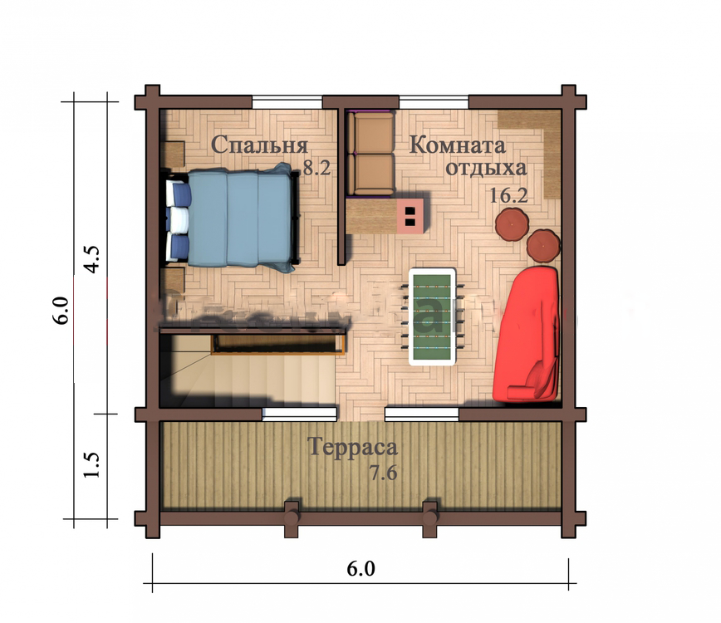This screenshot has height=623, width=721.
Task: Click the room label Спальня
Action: pyautogui.click(x=260, y=145)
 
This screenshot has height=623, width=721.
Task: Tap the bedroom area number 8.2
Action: pyautogui.click(x=316, y=168)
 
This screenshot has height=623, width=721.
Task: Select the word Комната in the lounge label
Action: pyautogui.click(x=458, y=145)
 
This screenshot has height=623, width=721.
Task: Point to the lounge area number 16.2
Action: pyautogui.click(x=508, y=195)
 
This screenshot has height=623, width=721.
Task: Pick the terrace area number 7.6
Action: pyautogui.click(x=384, y=472)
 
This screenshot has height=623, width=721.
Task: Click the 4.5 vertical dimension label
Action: pyautogui.click(x=91, y=259)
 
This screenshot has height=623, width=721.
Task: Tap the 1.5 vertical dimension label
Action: pyautogui.click(x=91, y=464)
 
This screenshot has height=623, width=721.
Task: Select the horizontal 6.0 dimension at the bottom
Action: pyautogui.click(x=361, y=569)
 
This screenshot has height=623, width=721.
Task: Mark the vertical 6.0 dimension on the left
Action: pyautogui.click(x=61, y=311)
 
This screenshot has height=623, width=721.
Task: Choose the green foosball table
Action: pyautogui.click(x=432, y=317)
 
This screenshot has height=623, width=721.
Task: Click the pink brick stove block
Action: pyautogui.click(x=410, y=216)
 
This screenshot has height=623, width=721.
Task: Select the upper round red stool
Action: pyautogui.click(x=513, y=224)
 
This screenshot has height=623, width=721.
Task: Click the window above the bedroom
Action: pyautogui.click(x=287, y=102)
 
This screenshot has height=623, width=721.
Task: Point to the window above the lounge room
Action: pyautogui.click(x=434, y=102)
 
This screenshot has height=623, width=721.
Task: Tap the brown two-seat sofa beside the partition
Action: pyautogui.click(x=370, y=154)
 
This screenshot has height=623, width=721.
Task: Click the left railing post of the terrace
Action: pyautogui.click(x=292, y=519)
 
